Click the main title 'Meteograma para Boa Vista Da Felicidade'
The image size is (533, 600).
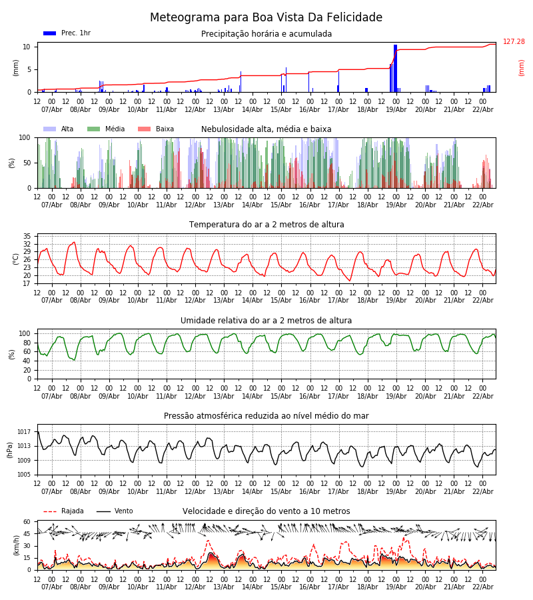point(266,18)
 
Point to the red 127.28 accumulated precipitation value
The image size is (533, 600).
point(514,42)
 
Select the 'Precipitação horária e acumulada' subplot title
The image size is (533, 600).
point(266,34)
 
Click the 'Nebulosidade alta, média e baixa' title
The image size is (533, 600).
point(266,129)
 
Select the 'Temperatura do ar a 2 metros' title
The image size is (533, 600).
point(266,225)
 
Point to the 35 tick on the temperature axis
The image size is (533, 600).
point(27,237)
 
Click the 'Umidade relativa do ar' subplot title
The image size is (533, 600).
point(266,321)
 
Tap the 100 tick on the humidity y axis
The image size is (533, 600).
point(25,333)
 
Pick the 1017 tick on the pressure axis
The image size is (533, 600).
point(23,432)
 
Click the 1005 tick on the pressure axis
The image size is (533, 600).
point(23,475)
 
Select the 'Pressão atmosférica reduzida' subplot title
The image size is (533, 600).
point(266,416)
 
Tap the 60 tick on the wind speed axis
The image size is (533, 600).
point(27,522)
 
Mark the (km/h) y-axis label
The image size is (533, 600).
point(16,545)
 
